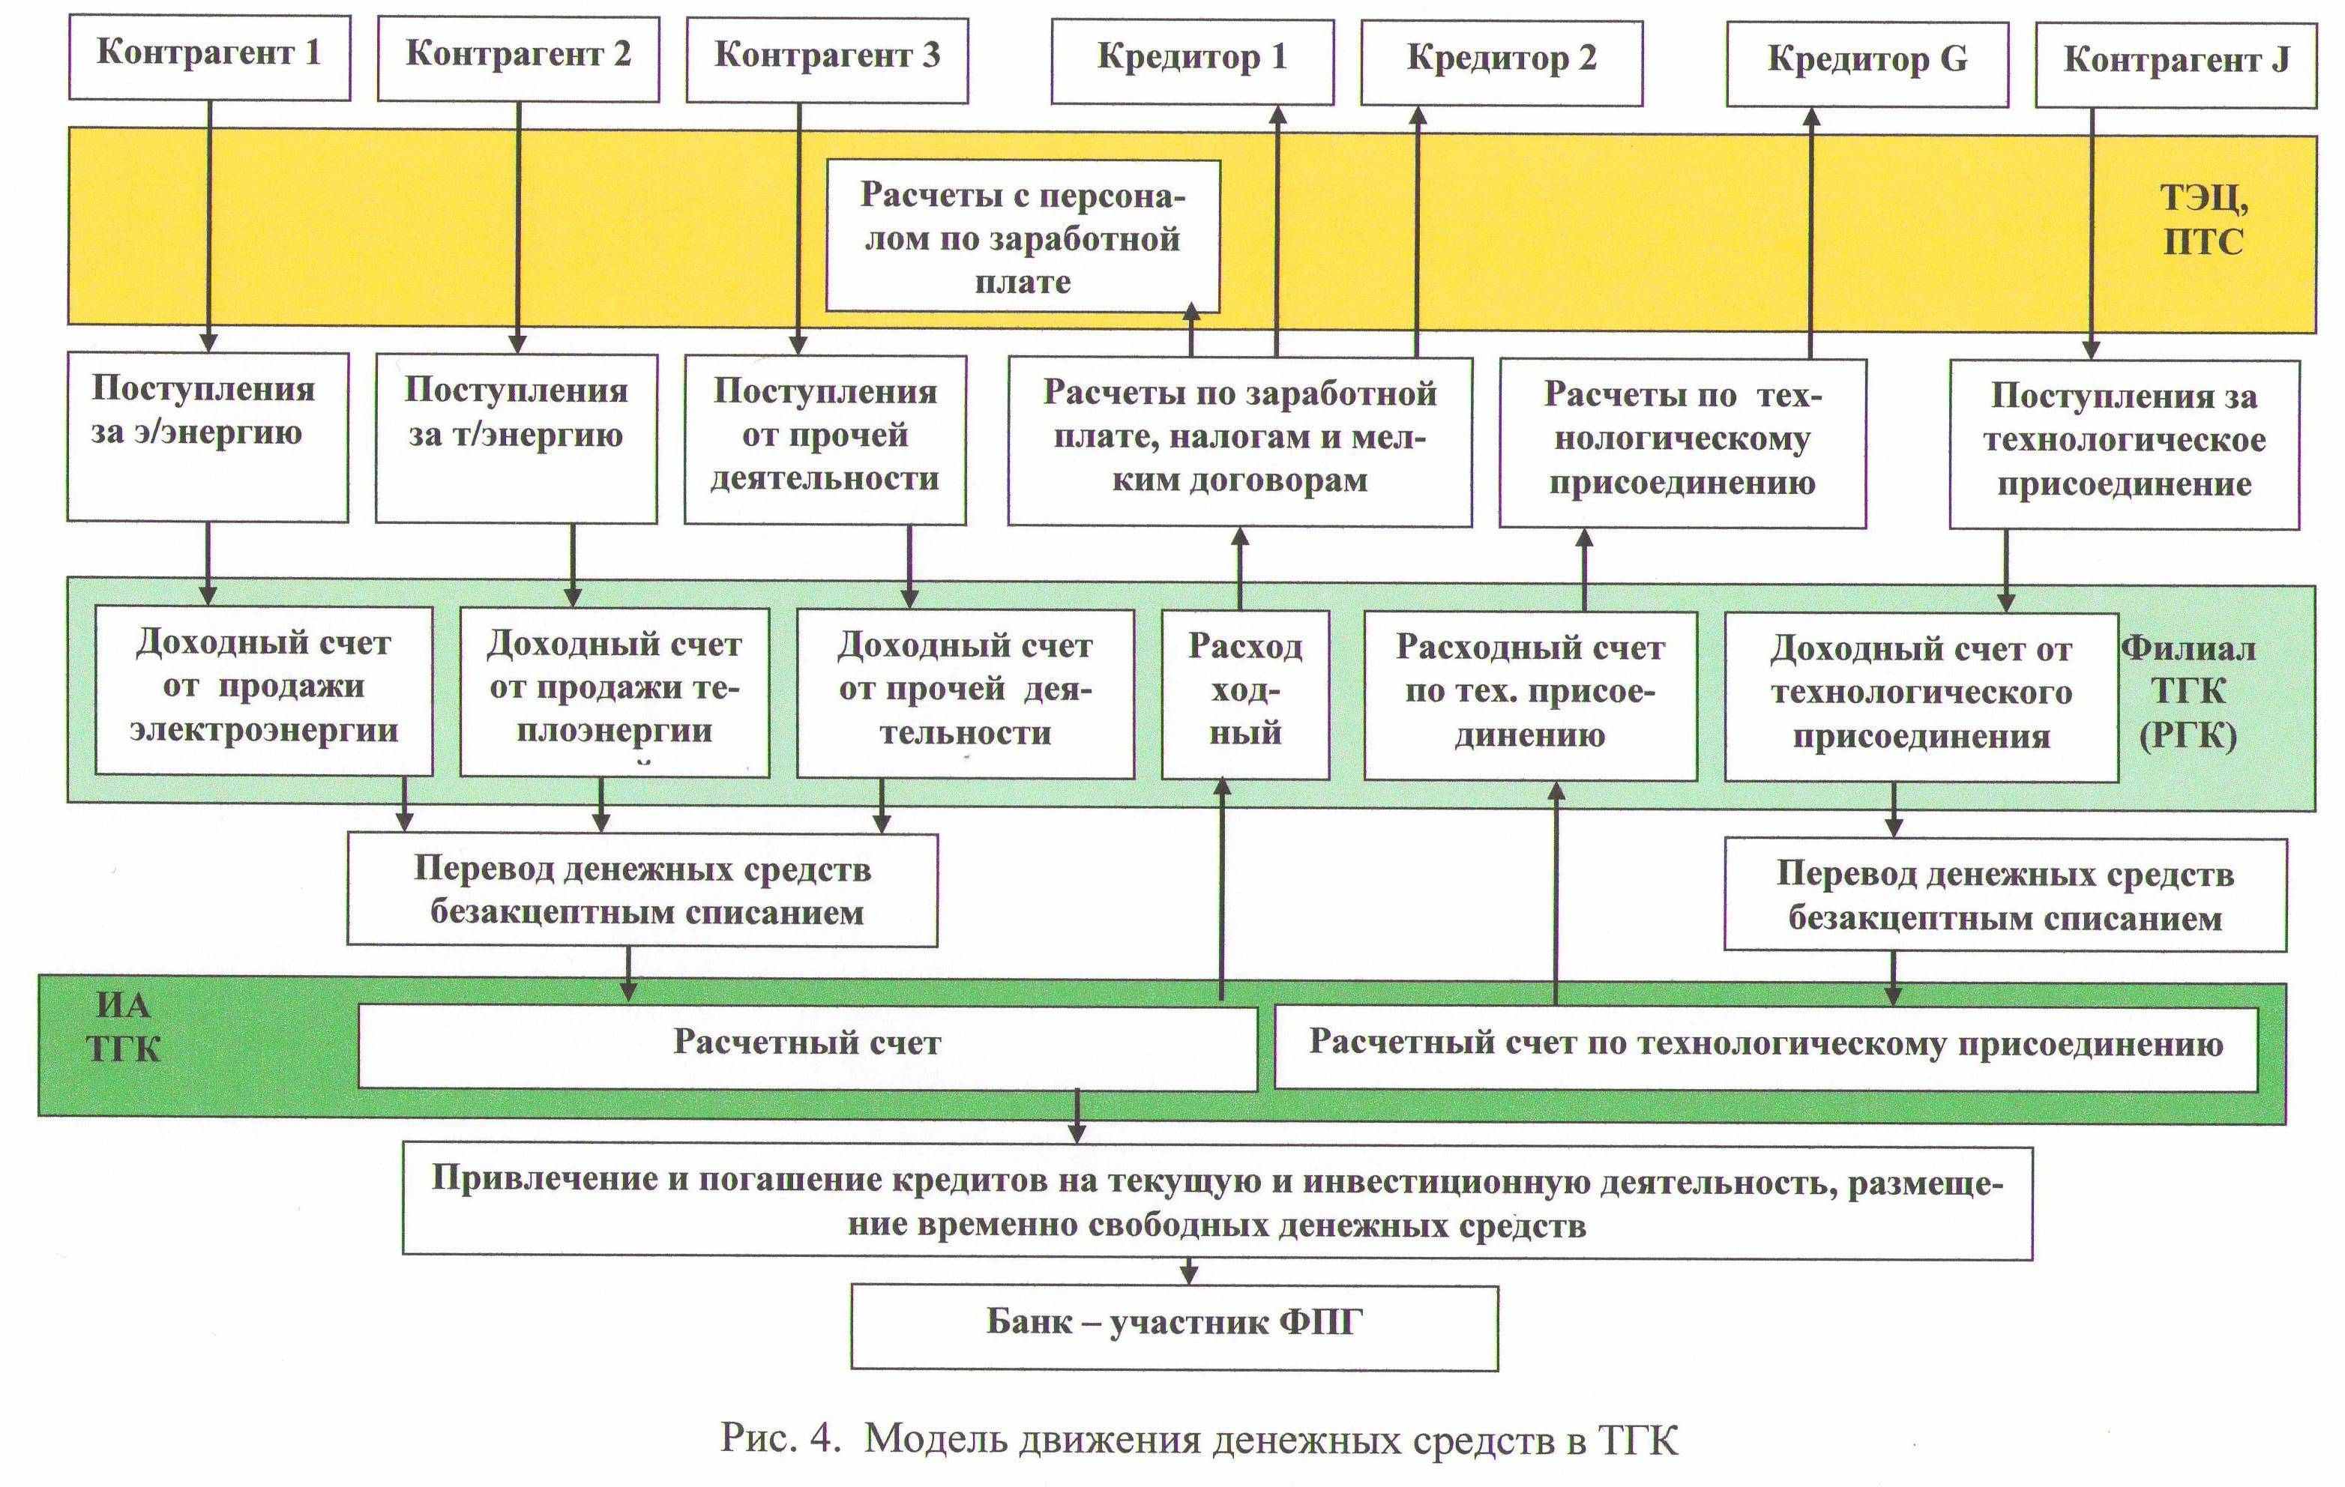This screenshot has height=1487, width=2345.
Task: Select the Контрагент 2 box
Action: point(518,56)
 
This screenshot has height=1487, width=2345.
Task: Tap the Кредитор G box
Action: point(1867,62)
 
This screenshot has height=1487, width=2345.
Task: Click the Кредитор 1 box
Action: point(1192,59)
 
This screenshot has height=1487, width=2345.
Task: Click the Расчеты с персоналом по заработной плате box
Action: point(1023,238)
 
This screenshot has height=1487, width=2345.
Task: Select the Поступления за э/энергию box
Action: point(206,436)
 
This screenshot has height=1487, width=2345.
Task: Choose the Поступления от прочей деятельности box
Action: point(825,438)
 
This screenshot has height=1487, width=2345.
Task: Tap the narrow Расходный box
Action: point(1244,693)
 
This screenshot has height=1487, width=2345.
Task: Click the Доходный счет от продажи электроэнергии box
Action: point(264,690)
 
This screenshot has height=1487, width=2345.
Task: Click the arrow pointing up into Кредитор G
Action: point(1811,234)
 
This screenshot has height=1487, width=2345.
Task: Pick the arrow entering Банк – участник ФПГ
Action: point(1188,1272)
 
